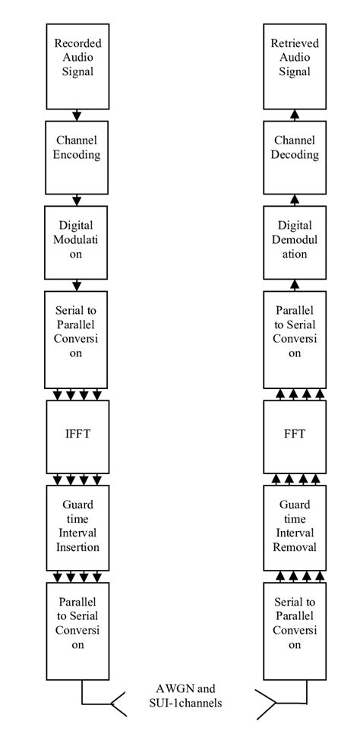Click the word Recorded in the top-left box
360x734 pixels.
coord(77,44)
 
